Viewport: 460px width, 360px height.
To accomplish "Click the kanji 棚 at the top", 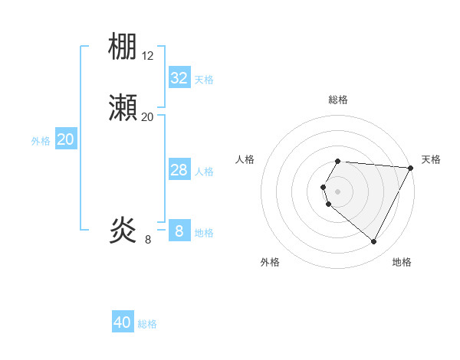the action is click(123, 47).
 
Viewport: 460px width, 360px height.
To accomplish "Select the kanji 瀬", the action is click(123, 109).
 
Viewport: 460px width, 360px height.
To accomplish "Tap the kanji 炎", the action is click(123, 229).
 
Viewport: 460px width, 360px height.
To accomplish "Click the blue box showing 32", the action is click(179, 78).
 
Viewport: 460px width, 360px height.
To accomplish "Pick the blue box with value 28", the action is click(179, 170).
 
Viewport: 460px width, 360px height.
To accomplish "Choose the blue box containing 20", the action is click(66, 139).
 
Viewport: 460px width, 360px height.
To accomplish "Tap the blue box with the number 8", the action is click(179, 231).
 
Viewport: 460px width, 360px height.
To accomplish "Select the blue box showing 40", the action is click(123, 322).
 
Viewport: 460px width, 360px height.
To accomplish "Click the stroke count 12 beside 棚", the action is click(148, 55).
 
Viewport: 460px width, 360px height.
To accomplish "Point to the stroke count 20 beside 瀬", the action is click(148, 116).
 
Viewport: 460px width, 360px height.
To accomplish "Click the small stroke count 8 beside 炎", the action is click(148, 239).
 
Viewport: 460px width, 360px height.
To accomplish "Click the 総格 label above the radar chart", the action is click(338, 100).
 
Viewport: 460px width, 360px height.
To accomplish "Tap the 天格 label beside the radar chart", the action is click(431, 159).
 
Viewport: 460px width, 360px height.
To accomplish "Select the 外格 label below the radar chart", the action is click(270, 263).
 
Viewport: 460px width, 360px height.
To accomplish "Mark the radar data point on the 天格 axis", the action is click(411, 168).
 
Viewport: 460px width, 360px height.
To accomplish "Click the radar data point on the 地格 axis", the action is click(374, 242).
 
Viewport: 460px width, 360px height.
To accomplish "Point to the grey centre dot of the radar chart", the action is click(338, 191).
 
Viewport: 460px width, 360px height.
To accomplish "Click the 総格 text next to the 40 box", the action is click(147, 324).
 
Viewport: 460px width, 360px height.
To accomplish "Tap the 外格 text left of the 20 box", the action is click(41, 141).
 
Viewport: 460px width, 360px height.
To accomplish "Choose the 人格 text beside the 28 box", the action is click(204, 172).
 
